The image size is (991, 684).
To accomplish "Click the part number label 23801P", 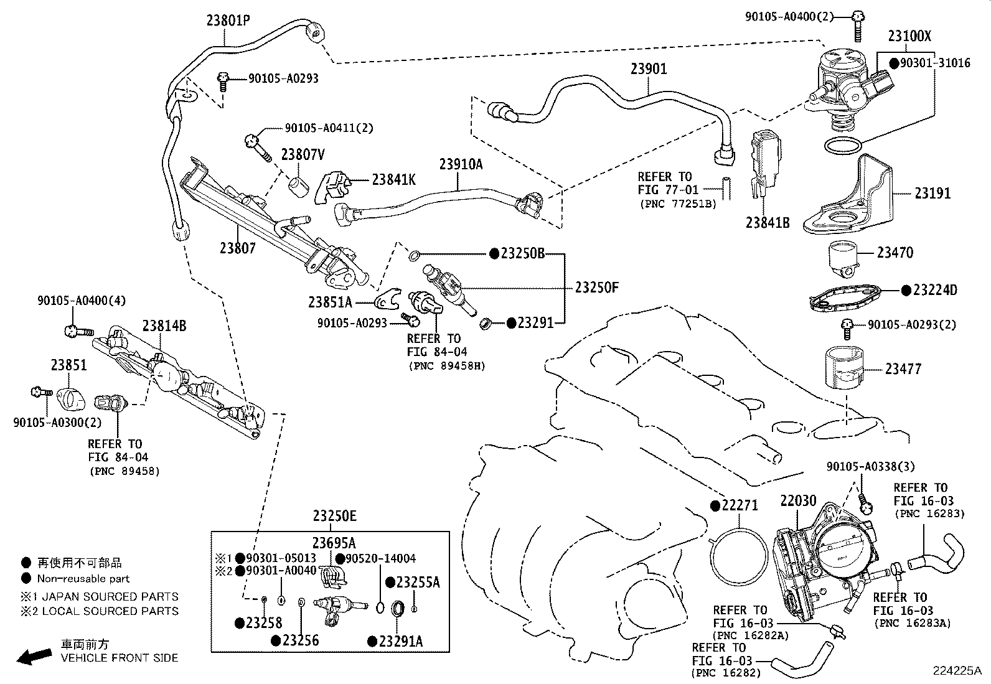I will pos(228,21).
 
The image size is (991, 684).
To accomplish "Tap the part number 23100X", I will pos(909,36).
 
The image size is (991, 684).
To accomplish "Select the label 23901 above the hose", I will pos(648,68).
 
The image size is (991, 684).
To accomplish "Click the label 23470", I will pos(895,253).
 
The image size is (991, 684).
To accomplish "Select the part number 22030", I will pos(798,501).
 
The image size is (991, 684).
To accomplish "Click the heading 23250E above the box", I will pos(335,517).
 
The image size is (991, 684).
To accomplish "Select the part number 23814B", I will pos(164,326).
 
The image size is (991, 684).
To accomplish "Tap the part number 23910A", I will pos(461,164).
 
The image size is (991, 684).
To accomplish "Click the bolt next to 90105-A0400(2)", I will pos(858,22).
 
